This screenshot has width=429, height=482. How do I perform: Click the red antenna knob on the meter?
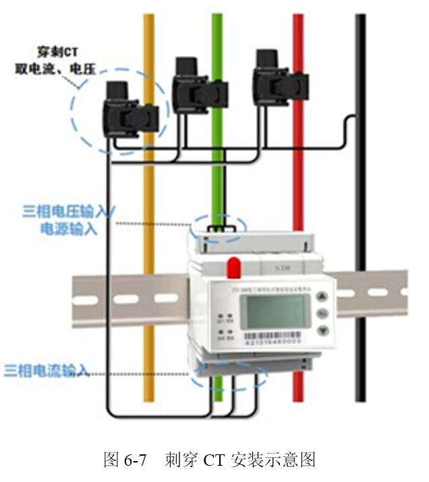[x=234, y=267]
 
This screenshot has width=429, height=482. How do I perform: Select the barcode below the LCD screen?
[x=272, y=335]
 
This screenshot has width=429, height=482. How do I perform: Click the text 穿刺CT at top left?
[x=55, y=51]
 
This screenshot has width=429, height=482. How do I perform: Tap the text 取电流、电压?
[x=51, y=68]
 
